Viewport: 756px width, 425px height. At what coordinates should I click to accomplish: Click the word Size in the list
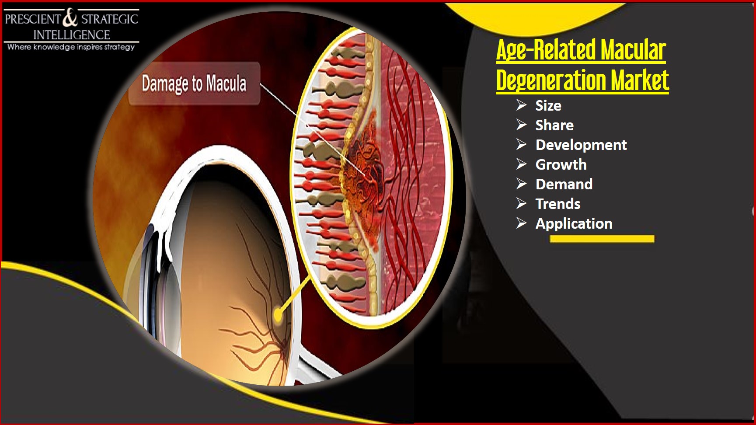tap(548, 106)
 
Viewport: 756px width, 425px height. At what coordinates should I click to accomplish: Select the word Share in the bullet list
tap(554, 125)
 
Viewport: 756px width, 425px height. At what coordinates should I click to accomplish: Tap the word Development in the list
tap(581, 145)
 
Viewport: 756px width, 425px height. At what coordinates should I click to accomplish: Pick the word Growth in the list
tap(561, 165)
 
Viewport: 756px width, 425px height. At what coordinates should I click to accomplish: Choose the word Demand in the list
tap(564, 185)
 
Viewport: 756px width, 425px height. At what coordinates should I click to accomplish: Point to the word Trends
tap(558, 204)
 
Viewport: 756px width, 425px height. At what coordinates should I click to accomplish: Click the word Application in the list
tap(574, 224)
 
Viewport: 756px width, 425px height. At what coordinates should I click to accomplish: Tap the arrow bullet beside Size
tap(521, 105)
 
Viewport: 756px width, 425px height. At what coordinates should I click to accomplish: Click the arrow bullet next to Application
tap(521, 223)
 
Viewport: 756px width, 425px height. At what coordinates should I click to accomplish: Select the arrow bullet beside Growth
tap(521, 164)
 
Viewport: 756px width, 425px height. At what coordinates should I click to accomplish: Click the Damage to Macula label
tap(194, 84)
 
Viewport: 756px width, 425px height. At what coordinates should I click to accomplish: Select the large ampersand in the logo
tap(70, 19)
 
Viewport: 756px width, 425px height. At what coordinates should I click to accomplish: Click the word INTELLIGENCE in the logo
tap(72, 35)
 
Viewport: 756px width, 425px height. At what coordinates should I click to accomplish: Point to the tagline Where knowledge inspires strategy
tap(71, 47)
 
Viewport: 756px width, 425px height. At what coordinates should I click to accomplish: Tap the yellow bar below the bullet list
tap(602, 239)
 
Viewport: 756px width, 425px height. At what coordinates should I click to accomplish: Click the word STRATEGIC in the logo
tap(110, 19)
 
